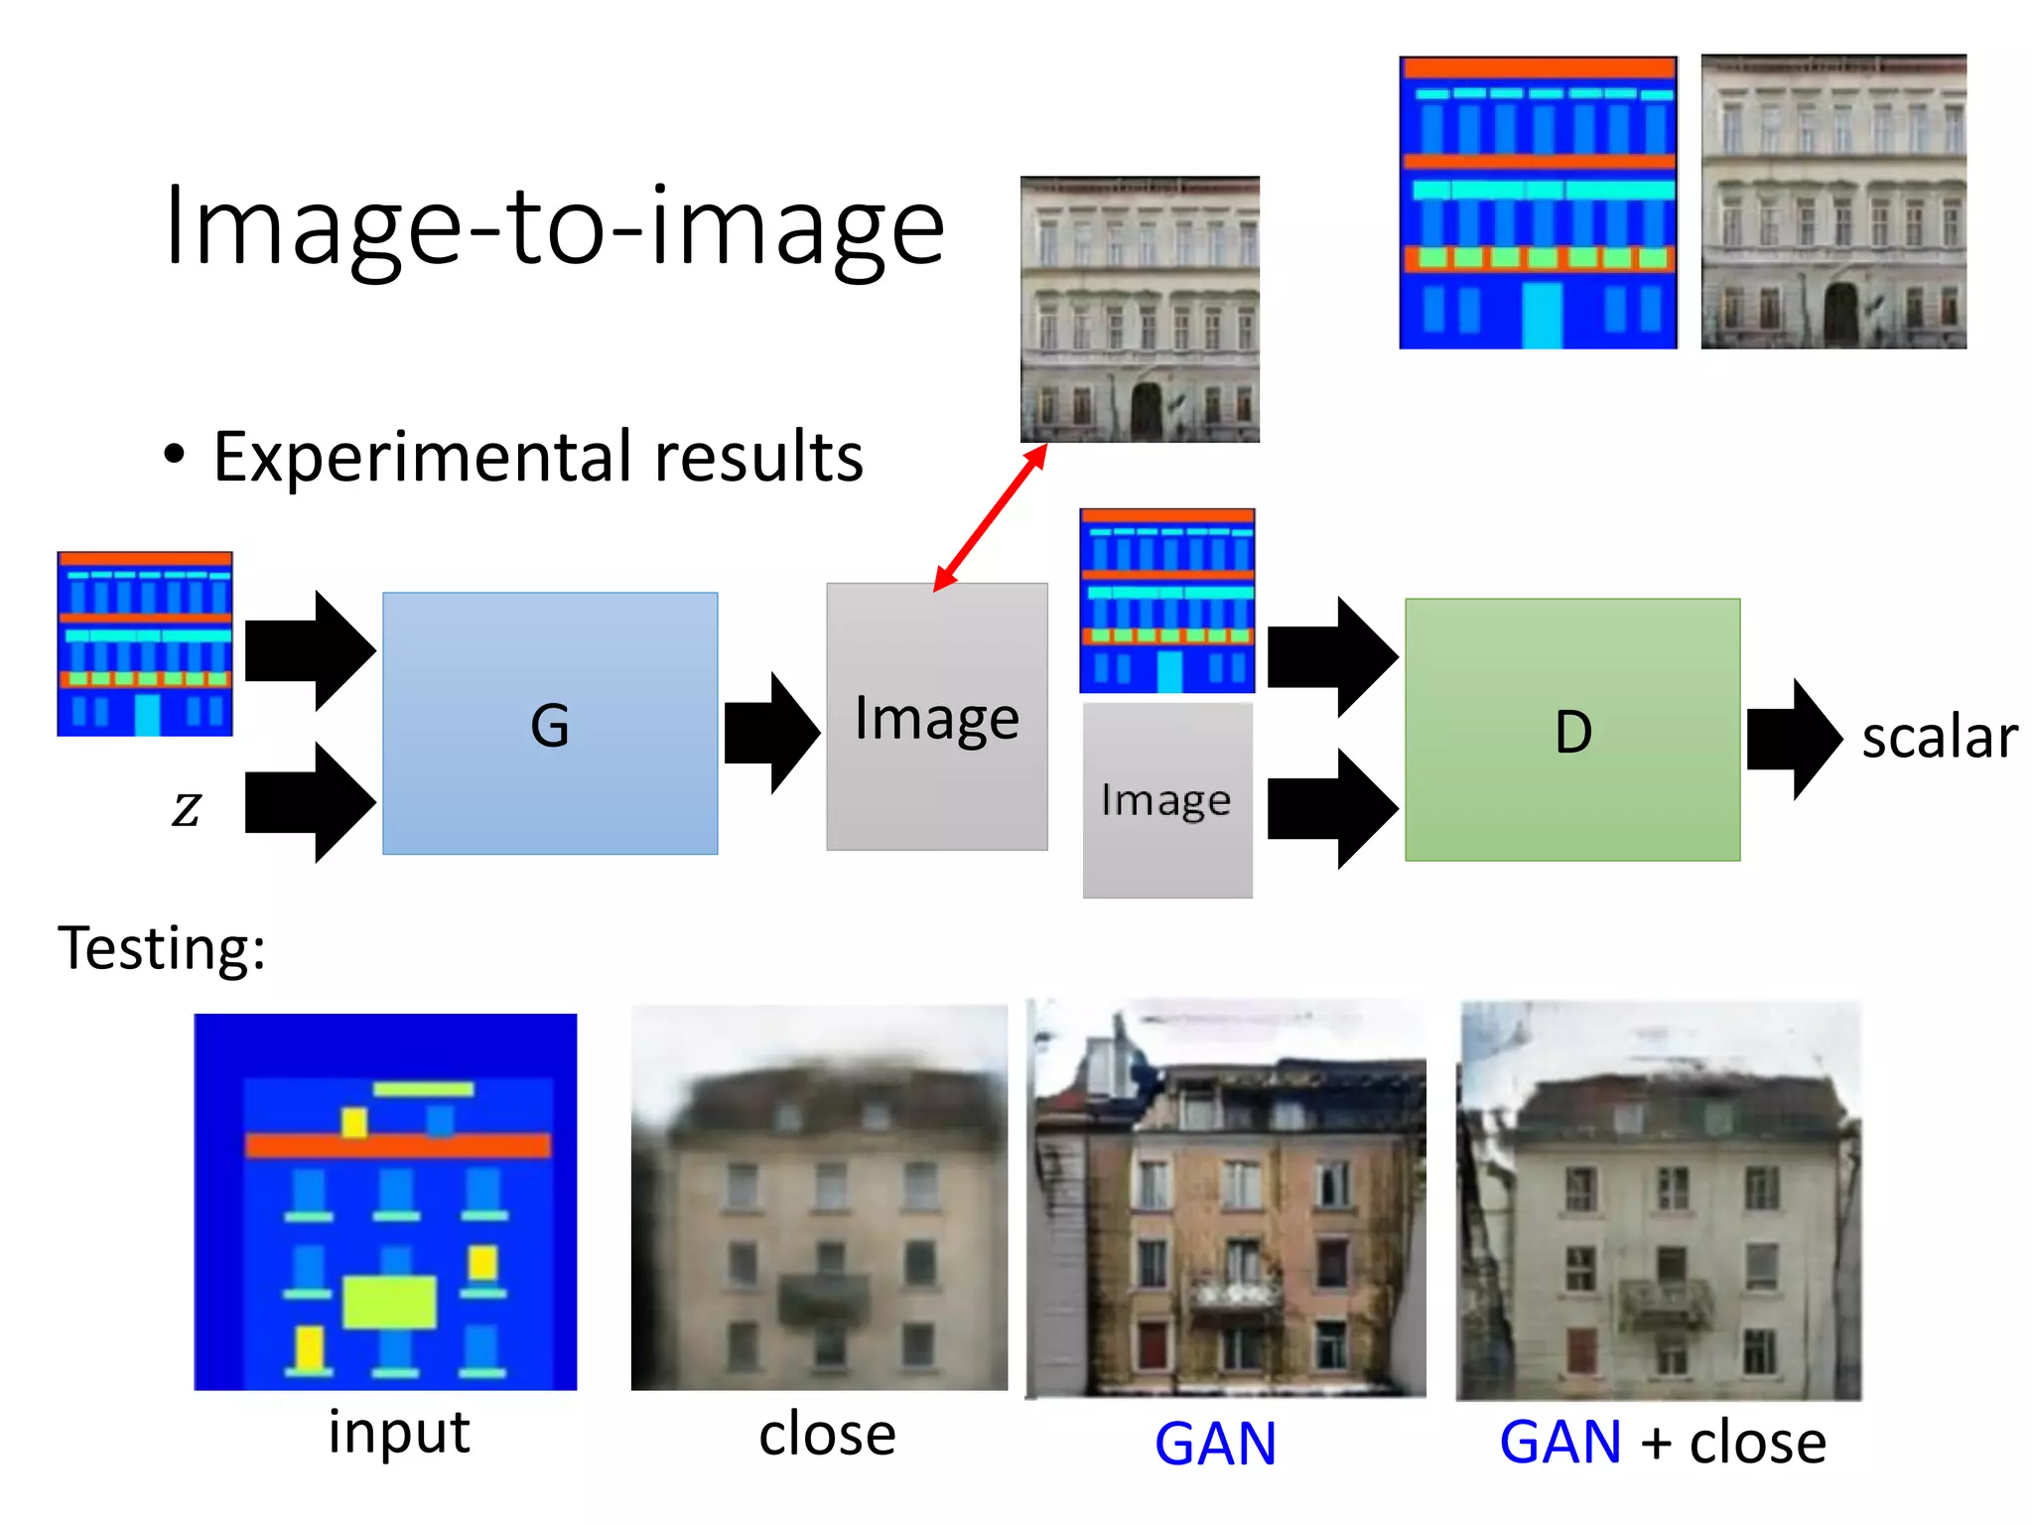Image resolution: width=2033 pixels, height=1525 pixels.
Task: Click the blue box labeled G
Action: [x=550, y=723]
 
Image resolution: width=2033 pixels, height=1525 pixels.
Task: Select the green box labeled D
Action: [x=1572, y=730]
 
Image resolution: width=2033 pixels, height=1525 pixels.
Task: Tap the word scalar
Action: [x=1939, y=738]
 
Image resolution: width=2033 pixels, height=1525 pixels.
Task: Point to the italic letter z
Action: [x=186, y=806]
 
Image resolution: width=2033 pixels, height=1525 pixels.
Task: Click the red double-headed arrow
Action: [x=990, y=517]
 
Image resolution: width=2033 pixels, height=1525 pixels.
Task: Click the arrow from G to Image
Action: [x=771, y=733]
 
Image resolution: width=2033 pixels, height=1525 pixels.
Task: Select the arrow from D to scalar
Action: [x=1793, y=739]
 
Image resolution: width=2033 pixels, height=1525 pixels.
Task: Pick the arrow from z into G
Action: [x=310, y=802]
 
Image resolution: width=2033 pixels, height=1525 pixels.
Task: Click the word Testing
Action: [x=161, y=948]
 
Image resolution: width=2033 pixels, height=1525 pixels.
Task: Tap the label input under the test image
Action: [x=399, y=1433]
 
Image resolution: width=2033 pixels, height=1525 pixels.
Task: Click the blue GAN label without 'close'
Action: [x=1215, y=1444]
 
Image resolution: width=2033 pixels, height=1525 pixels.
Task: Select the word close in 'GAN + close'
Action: [x=1757, y=1443]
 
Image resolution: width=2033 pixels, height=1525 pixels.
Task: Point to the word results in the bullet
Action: [x=758, y=458]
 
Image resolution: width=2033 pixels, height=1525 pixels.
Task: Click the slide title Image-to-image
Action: [x=554, y=227]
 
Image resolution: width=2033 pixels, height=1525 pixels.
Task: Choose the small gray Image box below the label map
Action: [x=1166, y=800]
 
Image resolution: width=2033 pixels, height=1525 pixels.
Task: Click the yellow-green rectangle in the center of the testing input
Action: [x=389, y=1302]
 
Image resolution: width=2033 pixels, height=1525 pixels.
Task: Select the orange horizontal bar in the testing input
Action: [x=397, y=1146]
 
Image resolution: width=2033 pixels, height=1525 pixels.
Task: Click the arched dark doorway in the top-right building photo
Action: [x=1839, y=315]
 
